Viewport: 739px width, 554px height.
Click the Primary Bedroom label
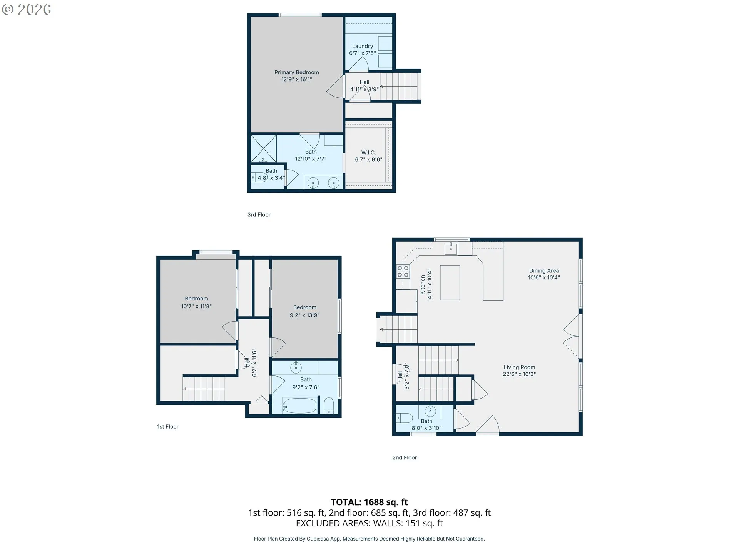pos(296,72)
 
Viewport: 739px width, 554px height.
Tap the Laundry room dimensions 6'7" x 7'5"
pos(362,53)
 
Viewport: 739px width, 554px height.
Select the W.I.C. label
pos(368,153)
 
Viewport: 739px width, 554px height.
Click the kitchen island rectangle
pos(450,283)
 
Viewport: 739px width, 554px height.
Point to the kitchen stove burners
pos(403,271)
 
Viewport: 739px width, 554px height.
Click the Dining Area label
pos(544,271)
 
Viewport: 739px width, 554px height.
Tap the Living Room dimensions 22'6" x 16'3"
pos(519,374)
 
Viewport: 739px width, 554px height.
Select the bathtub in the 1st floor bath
pos(300,405)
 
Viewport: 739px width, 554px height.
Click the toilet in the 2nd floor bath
pos(405,417)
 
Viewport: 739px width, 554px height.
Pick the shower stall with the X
pos(264,149)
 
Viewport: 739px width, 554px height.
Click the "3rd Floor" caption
pos(259,215)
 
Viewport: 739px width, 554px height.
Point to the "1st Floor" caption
pos(168,427)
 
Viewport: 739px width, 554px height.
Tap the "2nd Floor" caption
pos(405,457)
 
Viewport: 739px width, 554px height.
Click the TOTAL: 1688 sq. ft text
pos(369,502)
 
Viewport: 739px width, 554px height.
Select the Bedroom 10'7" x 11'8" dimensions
pos(196,306)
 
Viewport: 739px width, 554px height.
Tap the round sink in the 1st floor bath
pos(296,367)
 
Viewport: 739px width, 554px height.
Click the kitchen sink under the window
pos(451,249)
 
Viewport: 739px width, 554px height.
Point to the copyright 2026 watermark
pos(27,10)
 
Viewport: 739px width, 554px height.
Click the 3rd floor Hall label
pos(364,82)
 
